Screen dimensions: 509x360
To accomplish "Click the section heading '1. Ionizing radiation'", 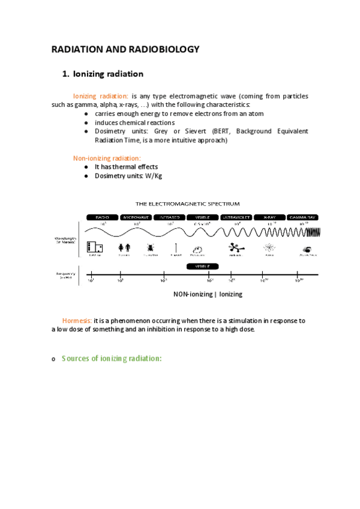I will click(103, 74).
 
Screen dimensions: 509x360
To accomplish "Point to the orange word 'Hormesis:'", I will click(77, 321).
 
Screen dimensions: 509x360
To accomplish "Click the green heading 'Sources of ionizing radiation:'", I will click(112, 358).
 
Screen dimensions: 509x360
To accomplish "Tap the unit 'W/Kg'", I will click(154, 176).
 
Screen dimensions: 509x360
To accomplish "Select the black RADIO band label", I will click(103, 217).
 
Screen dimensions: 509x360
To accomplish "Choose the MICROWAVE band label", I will click(136, 217).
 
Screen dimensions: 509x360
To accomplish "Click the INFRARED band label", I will click(169, 217).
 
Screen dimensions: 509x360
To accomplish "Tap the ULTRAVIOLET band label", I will click(236, 217).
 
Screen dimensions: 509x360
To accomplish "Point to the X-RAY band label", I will click(269, 217).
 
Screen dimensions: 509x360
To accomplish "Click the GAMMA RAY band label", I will click(302, 217).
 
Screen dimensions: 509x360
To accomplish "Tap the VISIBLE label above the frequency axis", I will click(202, 266).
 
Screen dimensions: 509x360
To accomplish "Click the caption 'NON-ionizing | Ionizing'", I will click(208, 295).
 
